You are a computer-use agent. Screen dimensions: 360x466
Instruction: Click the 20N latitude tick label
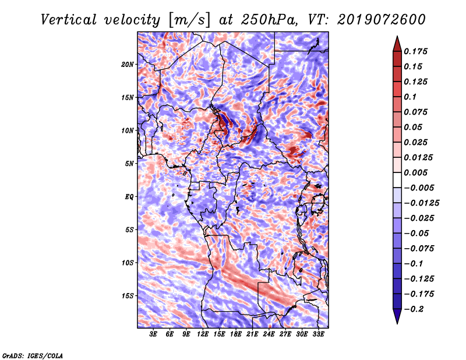128,64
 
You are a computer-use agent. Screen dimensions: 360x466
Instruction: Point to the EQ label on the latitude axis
129,196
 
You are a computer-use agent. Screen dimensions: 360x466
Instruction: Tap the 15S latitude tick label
128,295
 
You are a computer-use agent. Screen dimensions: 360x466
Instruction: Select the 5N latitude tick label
129,163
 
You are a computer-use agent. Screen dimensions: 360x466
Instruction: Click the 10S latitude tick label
128,263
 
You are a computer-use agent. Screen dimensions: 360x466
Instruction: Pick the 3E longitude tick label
154,334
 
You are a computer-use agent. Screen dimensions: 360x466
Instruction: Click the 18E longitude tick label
236,334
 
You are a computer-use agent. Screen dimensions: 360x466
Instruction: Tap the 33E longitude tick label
318,334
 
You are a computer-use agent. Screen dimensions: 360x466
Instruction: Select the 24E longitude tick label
269,334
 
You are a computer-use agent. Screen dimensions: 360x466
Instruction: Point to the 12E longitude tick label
203,334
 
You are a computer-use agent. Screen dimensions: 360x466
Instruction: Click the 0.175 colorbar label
416,51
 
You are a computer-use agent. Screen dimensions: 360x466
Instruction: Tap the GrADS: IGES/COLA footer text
32,354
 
